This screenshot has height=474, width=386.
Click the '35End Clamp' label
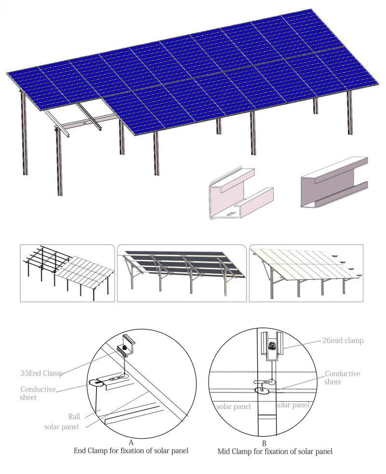(41, 373)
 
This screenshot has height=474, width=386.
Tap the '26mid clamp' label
(343, 341)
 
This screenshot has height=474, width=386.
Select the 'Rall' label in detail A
(74, 417)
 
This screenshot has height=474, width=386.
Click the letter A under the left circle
(131, 443)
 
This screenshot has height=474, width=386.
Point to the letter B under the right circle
(264, 444)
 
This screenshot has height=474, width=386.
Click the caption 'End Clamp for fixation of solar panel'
(131, 451)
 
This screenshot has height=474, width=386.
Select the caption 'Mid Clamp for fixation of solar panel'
(275, 452)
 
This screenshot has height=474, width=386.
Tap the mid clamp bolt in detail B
(272, 345)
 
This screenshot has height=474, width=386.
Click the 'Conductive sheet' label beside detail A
(38, 393)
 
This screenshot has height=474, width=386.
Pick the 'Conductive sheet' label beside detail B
(342, 378)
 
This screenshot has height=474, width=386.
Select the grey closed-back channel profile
(334, 183)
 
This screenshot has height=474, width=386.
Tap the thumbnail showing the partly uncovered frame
(68, 273)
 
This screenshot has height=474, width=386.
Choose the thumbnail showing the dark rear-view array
(182, 273)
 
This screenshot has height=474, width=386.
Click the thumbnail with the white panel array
(306, 273)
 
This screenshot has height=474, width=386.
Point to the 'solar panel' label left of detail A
(61, 427)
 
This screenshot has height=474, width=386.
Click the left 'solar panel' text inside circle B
(234, 407)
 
